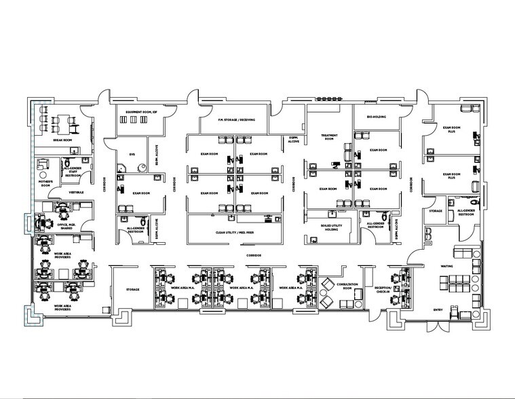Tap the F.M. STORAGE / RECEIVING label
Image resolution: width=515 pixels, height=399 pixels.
tap(236, 120)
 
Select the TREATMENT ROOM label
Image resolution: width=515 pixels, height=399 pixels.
tap(329, 138)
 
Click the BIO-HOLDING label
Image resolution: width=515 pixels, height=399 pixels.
tap(376, 117)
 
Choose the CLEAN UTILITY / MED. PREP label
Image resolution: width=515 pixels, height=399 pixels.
tap(234, 232)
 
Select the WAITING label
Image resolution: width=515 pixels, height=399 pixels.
tap(447, 266)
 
